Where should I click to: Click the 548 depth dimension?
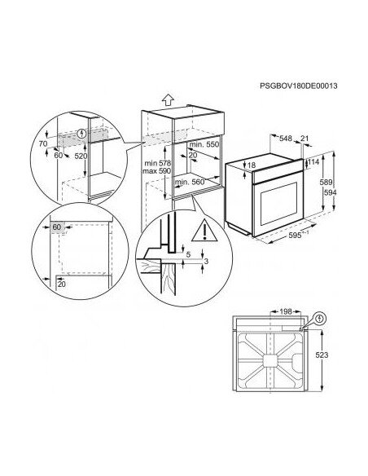tap(285, 139)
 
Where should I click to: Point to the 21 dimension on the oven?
tap(304, 139)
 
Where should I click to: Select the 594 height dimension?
tap(331, 194)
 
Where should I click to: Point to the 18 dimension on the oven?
tap(252, 165)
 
